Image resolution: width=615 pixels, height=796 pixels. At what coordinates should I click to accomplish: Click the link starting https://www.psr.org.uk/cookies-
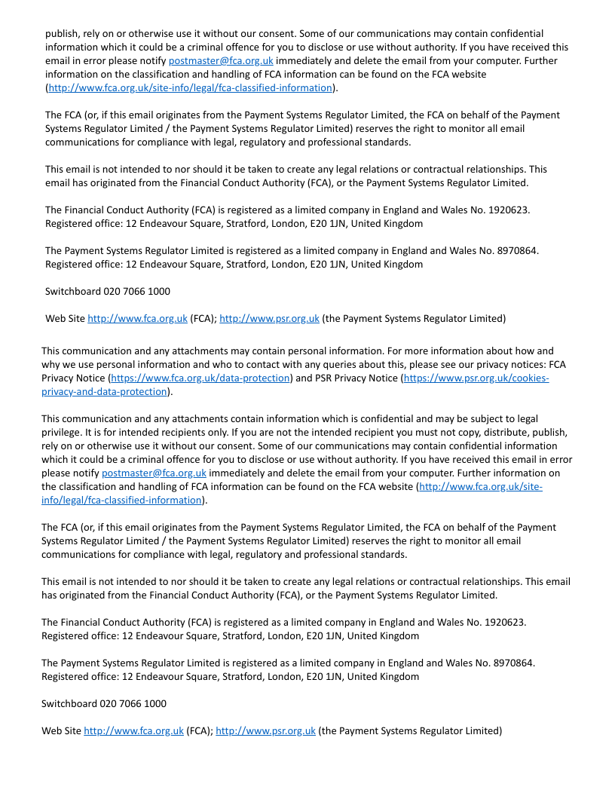[x=476, y=378]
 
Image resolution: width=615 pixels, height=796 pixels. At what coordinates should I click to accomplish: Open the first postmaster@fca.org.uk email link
[x=221, y=60]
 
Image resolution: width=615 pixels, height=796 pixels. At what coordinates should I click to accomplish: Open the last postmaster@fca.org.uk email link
[x=154, y=473]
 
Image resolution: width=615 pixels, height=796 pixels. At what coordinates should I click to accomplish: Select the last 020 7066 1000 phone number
[x=133, y=703]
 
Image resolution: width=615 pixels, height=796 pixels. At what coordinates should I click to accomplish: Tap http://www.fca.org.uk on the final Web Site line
[x=133, y=730]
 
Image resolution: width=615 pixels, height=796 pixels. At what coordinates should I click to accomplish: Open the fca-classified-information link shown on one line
[x=190, y=87]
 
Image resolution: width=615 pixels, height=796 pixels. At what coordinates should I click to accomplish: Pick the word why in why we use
[x=50, y=364]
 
